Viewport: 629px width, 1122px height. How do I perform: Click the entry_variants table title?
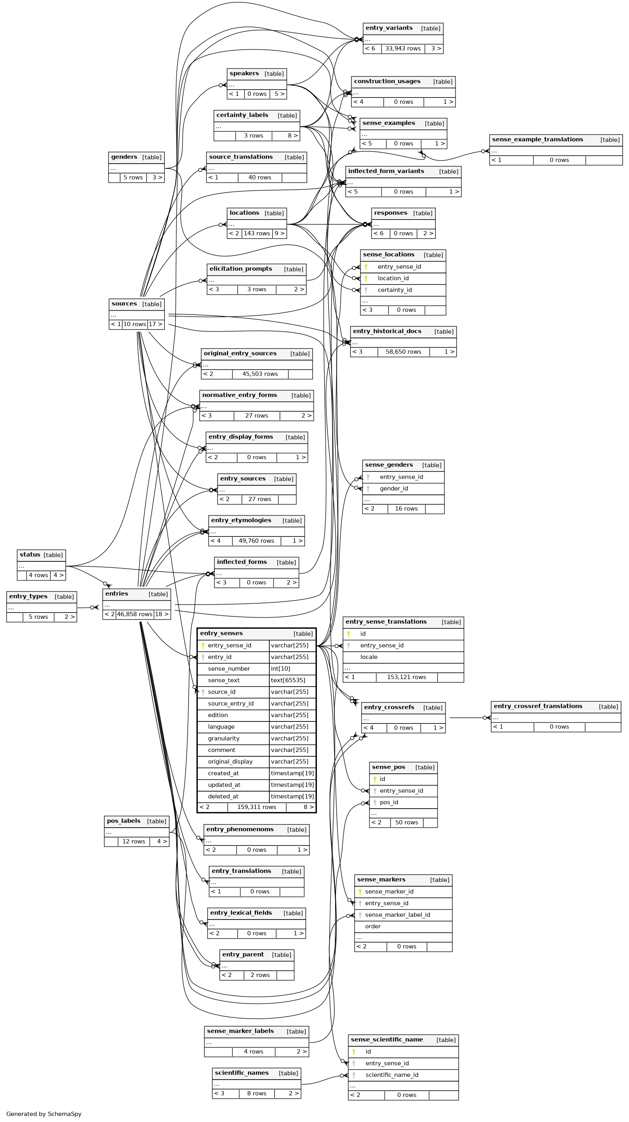click(389, 28)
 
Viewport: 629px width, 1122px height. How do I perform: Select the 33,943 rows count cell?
click(403, 48)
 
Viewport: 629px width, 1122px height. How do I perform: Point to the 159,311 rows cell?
click(257, 807)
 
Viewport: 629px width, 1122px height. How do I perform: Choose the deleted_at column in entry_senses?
click(223, 796)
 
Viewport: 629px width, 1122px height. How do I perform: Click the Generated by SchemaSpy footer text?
click(44, 1114)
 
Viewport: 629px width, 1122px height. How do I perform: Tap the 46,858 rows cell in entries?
click(134, 614)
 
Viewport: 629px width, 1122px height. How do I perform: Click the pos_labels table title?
click(124, 821)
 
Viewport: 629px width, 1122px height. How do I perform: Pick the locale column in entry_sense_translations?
click(368, 657)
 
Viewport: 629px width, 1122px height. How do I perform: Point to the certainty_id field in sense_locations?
click(394, 290)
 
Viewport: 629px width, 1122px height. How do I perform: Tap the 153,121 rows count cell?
click(406, 677)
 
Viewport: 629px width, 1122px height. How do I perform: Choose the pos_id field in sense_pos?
click(389, 802)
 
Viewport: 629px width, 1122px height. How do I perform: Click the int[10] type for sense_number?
click(280, 669)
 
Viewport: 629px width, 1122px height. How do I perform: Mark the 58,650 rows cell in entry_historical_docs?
click(403, 351)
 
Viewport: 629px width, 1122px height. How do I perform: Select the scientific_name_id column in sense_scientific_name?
click(392, 1074)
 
